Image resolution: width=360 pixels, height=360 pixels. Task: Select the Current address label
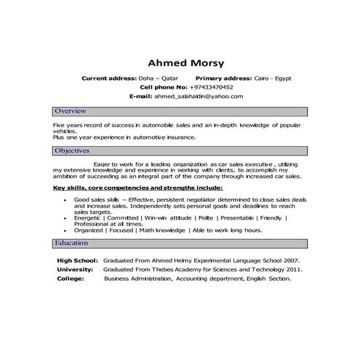click(x=108, y=77)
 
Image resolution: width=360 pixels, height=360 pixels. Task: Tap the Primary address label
click(x=224, y=77)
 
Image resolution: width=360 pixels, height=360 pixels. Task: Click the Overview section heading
click(x=71, y=111)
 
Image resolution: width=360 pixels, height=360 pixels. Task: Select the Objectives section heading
click(x=72, y=151)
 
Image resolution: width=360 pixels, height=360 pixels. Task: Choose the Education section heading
click(x=71, y=243)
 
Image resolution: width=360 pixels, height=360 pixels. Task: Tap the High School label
click(x=76, y=260)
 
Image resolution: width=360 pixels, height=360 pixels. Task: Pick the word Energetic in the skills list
click(x=87, y=217)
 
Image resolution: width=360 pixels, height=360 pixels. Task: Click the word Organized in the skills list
click(x=89, y=230)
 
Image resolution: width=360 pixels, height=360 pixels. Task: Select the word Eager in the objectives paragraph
click(x=102, y=165)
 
